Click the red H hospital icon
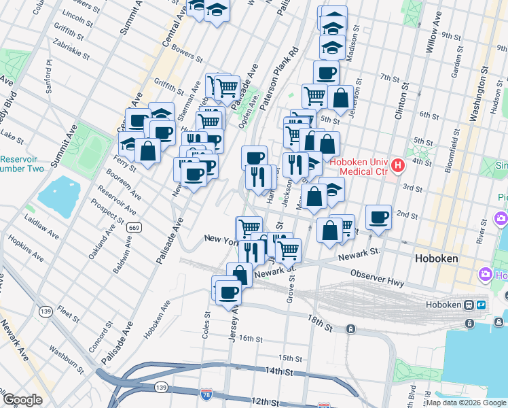pyautogui.click(x=398, y=165)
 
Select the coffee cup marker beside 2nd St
pyautogui.click(x=378, y=218)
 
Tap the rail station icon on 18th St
pyautogui.click(x=350, y=329)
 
